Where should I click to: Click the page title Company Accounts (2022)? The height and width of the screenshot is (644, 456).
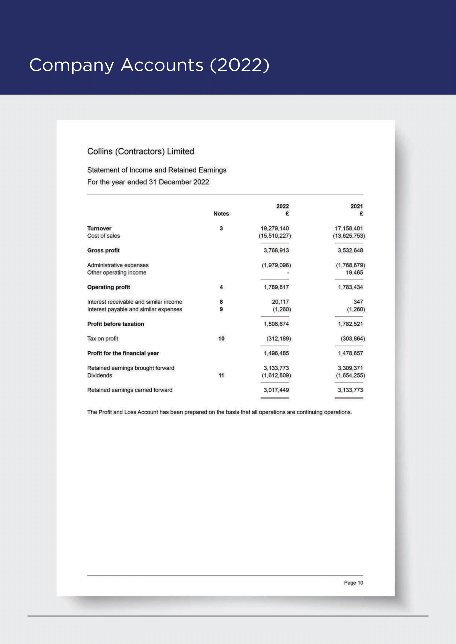(x=149, y=65)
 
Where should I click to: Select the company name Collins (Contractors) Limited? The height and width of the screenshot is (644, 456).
(x=140, y=151)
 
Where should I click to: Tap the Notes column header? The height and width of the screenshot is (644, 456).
(x=221, y=214)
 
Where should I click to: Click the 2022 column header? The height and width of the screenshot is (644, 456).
(x=282, y=206)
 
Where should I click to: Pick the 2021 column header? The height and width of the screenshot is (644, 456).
(x=356, y=206)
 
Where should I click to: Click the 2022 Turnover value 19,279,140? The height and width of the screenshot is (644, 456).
(x=275, y=229)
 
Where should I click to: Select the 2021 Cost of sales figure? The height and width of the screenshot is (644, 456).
(x=349, y=236)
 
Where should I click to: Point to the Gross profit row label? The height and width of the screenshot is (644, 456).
(x=103, y=251)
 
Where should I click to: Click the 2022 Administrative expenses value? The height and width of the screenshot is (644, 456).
(x=276, y=265)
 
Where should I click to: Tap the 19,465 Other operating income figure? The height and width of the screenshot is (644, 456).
(x=354, y=273)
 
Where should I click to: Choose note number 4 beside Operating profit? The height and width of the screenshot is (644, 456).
(x=221, y=287)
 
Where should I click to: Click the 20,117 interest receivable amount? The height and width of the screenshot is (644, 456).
(x=280, y=302)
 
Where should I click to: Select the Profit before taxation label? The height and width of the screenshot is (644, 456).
(x=116, y=324)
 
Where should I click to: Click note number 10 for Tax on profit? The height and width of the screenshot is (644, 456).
(x=221, y=339)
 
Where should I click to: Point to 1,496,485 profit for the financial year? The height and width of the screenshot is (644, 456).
(x=276, y=354)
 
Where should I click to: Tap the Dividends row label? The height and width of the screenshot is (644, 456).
(x=100, y=376)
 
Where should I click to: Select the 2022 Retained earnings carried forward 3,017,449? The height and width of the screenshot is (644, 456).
(x=276, y=390)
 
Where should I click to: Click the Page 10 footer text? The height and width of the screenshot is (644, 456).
(x=353, y=583)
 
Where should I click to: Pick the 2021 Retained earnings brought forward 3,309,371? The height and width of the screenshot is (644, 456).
(x=350, y=368)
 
